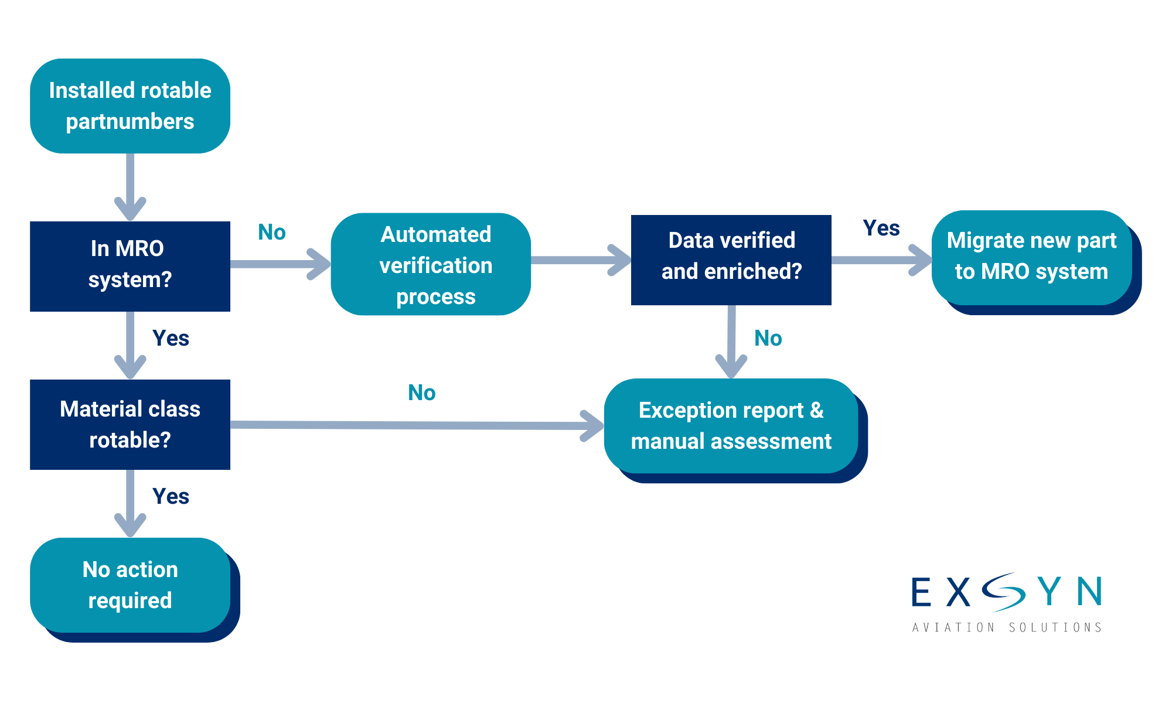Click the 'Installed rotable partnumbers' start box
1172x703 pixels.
click(x=130, y=106)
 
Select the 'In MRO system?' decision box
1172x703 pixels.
click(x=130, y=266)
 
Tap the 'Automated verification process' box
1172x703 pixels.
click(x=431, y=264)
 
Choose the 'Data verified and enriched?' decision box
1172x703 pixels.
click(x=731, y=260)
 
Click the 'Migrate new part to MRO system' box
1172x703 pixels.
click(x=1031, y=258)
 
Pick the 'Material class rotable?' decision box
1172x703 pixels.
click(x=130, y=425)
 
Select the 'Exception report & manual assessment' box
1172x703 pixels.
click(x=731, y=426)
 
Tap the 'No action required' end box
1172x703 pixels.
click(x=130, y=585)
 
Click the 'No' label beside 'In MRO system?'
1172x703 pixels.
click(x=272, y=233)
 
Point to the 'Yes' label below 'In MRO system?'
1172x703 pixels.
click(x=171, y=338)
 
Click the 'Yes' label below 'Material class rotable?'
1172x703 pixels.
click(x=171, y=496)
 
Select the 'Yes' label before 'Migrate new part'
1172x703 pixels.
click(x=881, y=228)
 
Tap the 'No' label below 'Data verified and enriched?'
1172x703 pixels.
click(x=768, y=338)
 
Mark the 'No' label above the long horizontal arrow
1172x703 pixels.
click(x=421, y=393)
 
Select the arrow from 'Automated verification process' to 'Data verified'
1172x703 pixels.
click(x=580, y=260)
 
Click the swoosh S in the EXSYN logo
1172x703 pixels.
click(x=1003, y=592)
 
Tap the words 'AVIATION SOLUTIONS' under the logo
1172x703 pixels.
click(x=1007, y=627)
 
